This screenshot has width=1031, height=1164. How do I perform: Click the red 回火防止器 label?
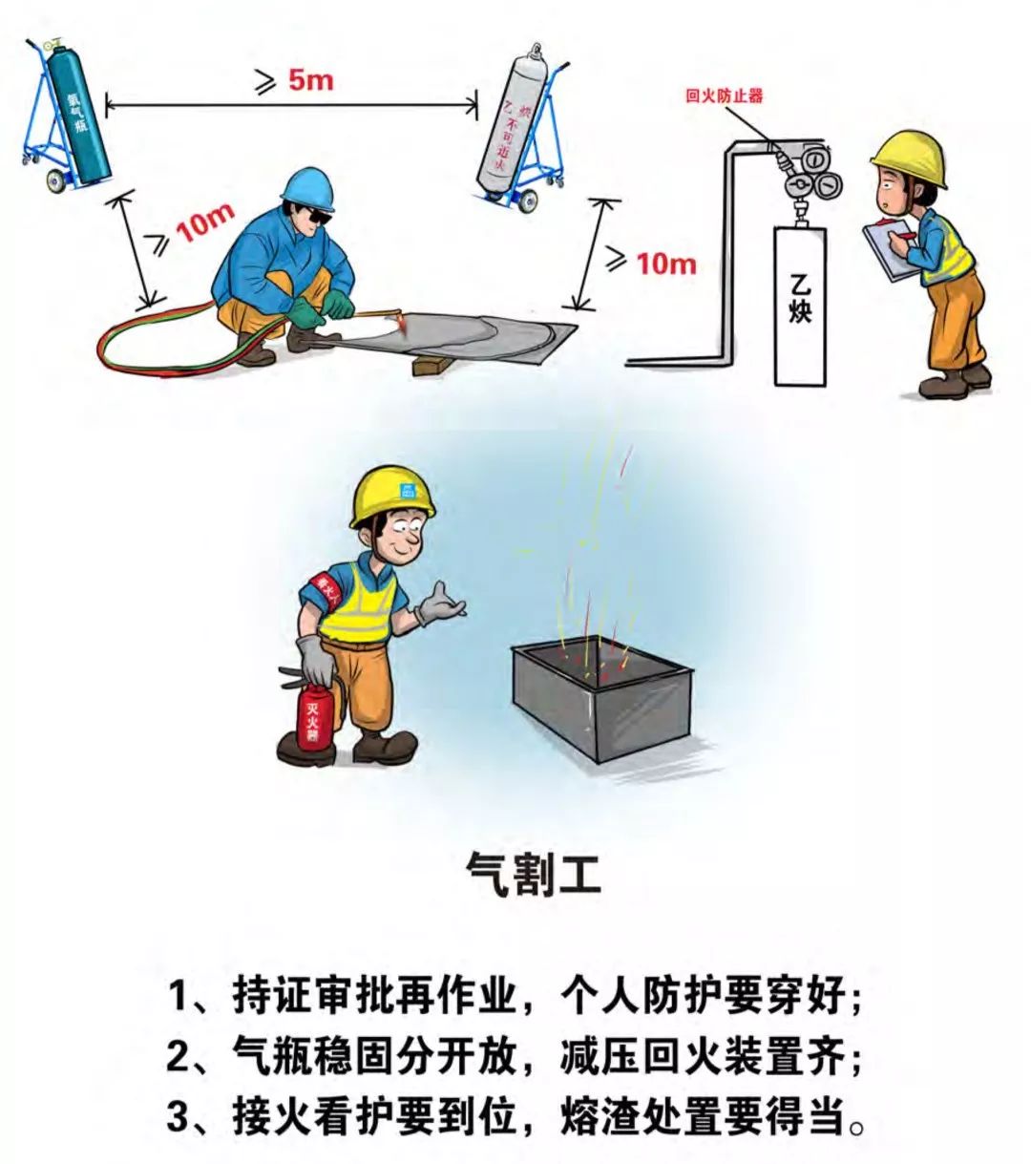tap(725, 95)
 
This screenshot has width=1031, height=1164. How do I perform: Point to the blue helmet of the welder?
tap(308, 189)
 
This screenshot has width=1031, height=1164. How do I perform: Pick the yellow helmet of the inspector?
tap(910, 158)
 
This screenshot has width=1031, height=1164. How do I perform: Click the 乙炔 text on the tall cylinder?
tap(799, 297)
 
